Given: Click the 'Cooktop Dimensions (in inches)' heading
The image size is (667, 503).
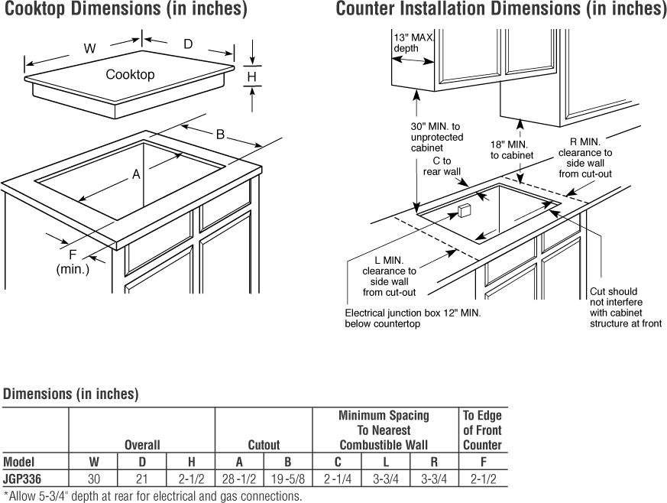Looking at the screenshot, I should [126, 10].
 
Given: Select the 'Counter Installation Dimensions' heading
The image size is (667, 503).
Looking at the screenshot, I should [500, 10].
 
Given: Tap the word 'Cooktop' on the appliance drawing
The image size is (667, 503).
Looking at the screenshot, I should [130, 74].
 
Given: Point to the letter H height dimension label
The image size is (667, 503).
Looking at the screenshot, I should [251, 76].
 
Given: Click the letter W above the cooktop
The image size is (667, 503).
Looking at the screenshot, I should [89, 48].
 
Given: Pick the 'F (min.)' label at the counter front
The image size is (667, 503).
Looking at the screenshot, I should [73, 262].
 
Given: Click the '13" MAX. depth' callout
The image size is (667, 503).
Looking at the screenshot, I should [413, 43].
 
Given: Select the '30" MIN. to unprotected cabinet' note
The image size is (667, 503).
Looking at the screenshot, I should [436, 137].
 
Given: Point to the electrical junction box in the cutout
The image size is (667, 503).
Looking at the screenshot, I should [462, 211].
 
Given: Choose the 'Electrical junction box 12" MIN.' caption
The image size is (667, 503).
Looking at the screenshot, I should [413, 318].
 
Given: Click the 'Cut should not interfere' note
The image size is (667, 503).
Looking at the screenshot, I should [625, 307].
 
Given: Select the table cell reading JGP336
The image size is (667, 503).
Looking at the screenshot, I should [22, 480].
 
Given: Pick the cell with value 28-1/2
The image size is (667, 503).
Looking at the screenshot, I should [239, 480].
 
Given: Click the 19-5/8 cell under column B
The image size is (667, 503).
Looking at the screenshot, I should [288, 480].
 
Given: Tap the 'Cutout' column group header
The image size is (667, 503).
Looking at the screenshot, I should [264, 444].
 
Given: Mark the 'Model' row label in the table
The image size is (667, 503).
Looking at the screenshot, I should [18, 462].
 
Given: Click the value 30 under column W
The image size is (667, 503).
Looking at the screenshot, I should [93, 480].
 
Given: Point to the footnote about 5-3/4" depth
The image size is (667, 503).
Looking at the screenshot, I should [152, 496].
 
